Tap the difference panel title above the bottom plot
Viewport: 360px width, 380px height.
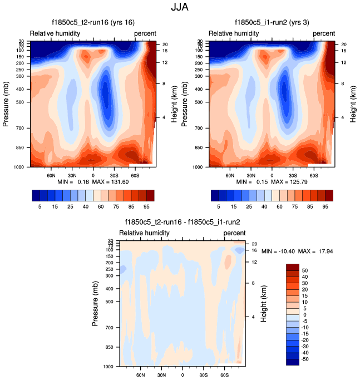[x=182, y=222]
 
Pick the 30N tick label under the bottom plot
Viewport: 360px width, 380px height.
[x=161, y=375]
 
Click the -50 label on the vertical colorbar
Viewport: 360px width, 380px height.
[x=306, y=361]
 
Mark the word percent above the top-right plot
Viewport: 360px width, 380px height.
[x=324, y=33]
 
